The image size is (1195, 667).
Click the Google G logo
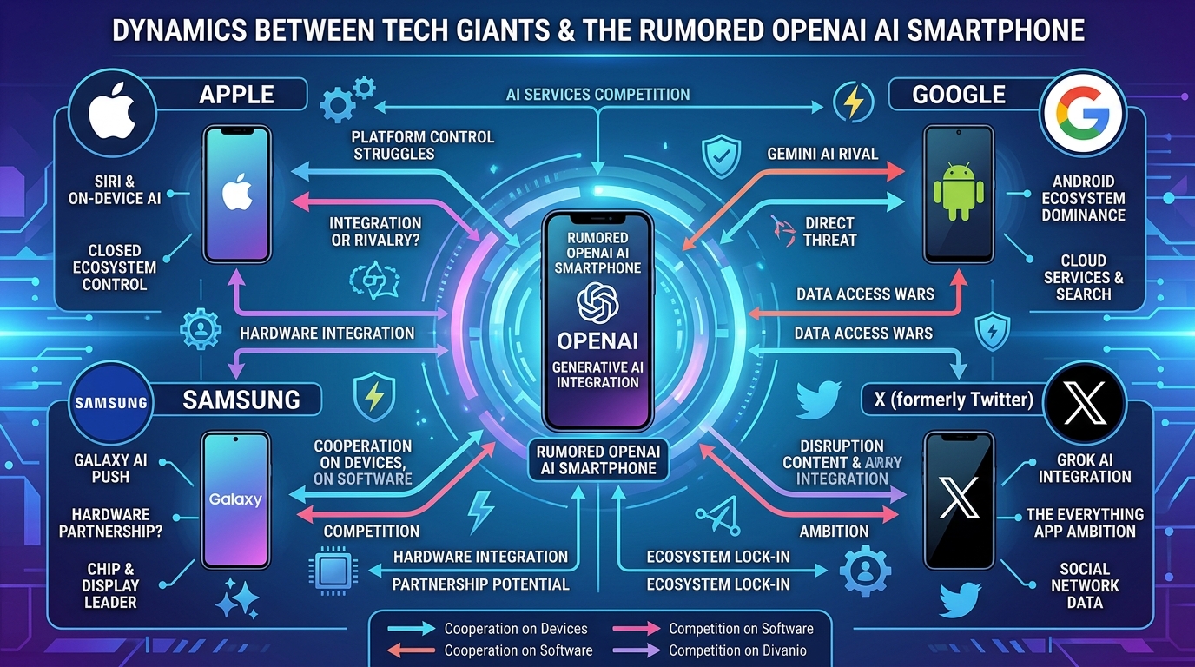pos(1083,113)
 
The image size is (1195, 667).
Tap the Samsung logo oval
pos(111,403)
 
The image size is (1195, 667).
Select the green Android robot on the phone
pos(959,192)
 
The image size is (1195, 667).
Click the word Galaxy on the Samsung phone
pos(235,500)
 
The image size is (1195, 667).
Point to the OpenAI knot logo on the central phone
pos(597,304)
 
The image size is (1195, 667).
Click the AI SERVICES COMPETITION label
pos(597,95)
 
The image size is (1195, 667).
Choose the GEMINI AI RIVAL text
pos(822,155)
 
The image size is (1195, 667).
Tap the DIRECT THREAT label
pos(829,232)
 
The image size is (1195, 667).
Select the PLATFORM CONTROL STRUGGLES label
pos(423,146)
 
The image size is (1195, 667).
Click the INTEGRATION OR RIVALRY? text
pos(375,232)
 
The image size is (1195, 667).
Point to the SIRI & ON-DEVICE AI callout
pos(114,190)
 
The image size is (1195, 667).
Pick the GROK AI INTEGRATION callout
pos(1085,468)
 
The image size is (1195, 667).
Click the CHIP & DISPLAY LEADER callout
pos(110,586)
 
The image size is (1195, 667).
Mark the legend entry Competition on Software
pos(741,629)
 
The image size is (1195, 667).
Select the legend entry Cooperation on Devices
pos(516,629)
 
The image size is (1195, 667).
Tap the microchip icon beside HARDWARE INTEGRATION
pos(333,571)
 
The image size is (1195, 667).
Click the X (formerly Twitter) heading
pos(954,400)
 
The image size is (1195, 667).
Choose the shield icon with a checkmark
pos(722,155)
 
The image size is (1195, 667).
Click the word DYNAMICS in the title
pos(179,30)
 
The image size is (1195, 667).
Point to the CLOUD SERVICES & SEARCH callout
pos(1084,277)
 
